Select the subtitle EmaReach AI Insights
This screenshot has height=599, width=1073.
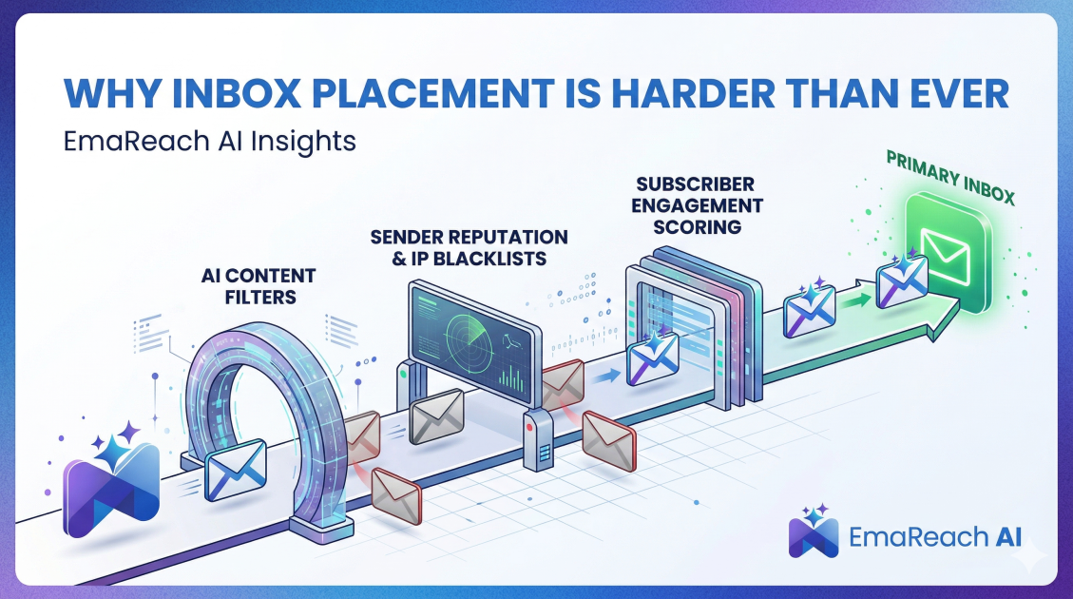tap(210, 141)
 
